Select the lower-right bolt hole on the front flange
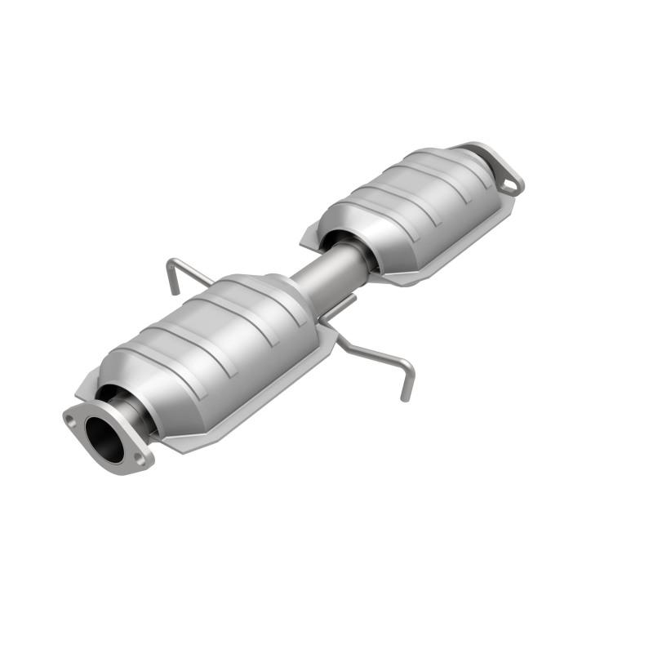140,460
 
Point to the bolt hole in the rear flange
510,185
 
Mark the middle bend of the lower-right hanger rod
363,351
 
